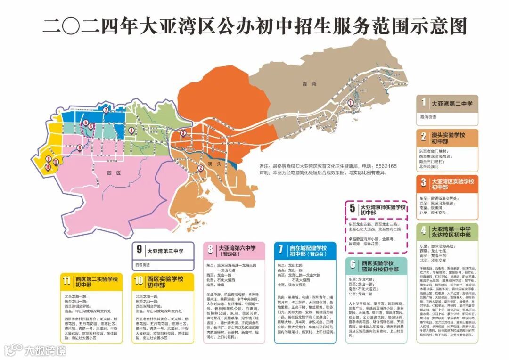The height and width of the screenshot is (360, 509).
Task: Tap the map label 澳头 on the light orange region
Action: pyautogui.click(x=216, y=164)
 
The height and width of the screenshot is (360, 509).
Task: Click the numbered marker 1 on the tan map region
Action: pyautogui.click(x=351, y=103)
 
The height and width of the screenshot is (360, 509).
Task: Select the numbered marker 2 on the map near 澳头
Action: pyautogui.click(x=200, y=167)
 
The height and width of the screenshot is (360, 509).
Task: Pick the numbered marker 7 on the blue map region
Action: pyautogui.click(x=106, y=110)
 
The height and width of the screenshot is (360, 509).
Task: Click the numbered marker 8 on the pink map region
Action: pyautogui.click(x=80, y=147)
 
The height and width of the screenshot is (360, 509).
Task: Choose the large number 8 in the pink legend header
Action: pyautogui.click(x=211, y=250)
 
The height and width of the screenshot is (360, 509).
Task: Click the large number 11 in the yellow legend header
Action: pyautogui.click(x=67, y=281)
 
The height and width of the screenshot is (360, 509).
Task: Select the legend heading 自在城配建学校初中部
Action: pyautogui.click(x=308, y=251)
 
